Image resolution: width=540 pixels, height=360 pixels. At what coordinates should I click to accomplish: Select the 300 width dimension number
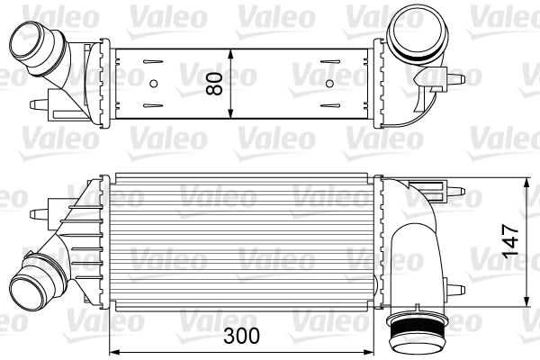[241, 336]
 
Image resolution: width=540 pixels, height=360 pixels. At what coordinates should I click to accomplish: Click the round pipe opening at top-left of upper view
[26, 42]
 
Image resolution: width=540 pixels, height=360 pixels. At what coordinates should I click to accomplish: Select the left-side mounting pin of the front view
[39, 214]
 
